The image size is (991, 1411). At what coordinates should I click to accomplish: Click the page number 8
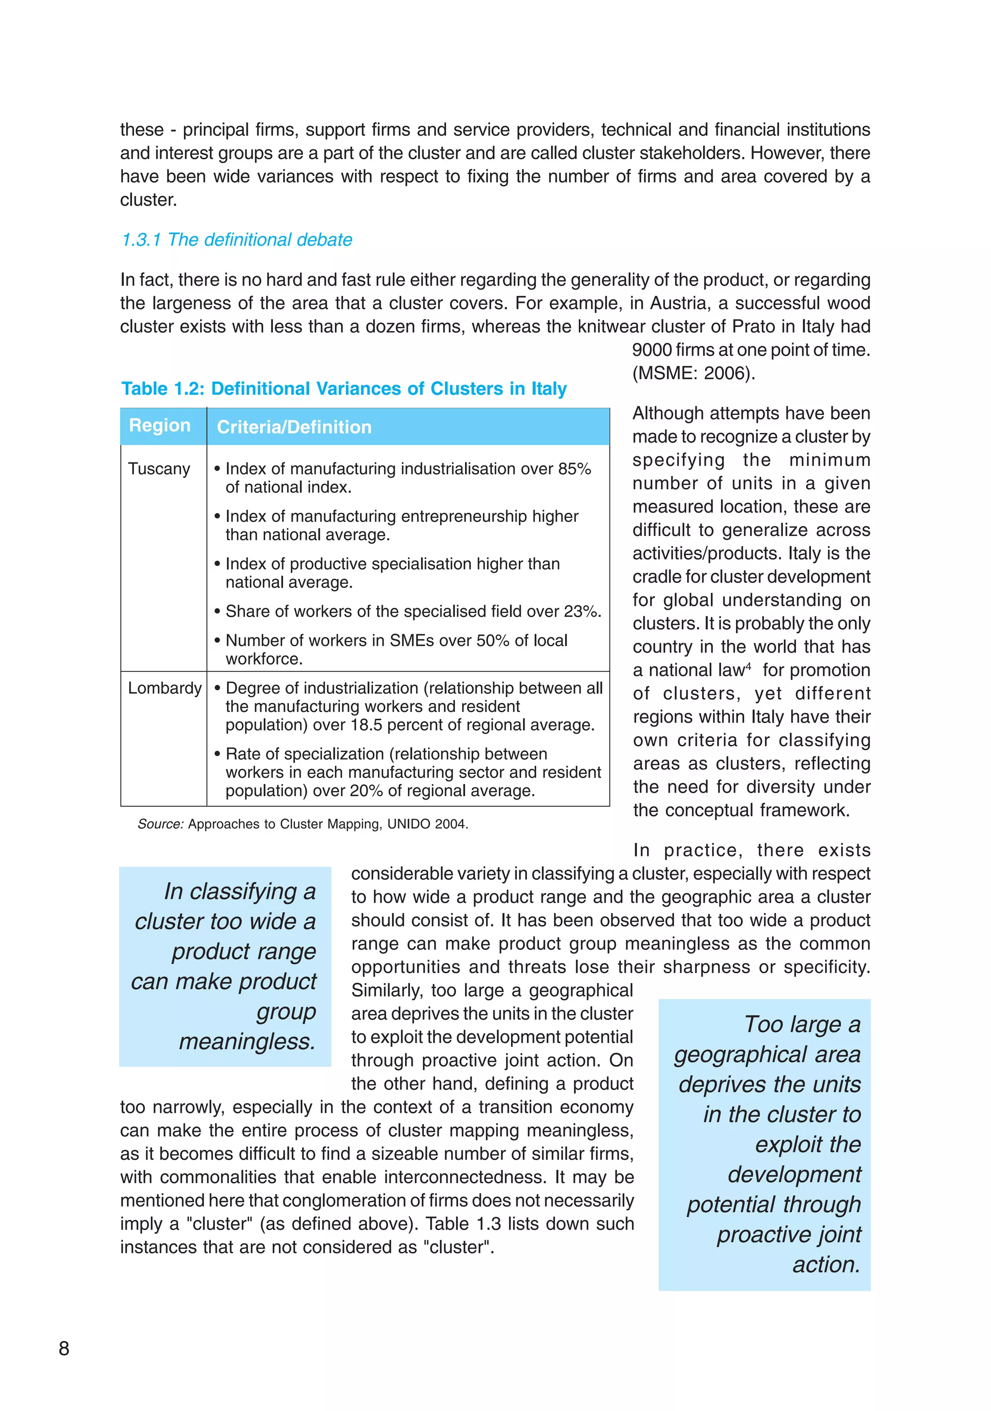64,1348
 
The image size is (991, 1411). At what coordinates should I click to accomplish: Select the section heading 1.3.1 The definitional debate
237,239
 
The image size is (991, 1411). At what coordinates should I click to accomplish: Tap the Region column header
159,425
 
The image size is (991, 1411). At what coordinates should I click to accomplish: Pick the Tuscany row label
159,469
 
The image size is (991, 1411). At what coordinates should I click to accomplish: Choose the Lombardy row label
164,688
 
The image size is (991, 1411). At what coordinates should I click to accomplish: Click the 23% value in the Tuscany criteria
580,611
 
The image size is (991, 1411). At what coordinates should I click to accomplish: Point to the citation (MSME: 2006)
693,373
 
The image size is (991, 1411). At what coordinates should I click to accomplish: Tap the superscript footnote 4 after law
748,666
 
